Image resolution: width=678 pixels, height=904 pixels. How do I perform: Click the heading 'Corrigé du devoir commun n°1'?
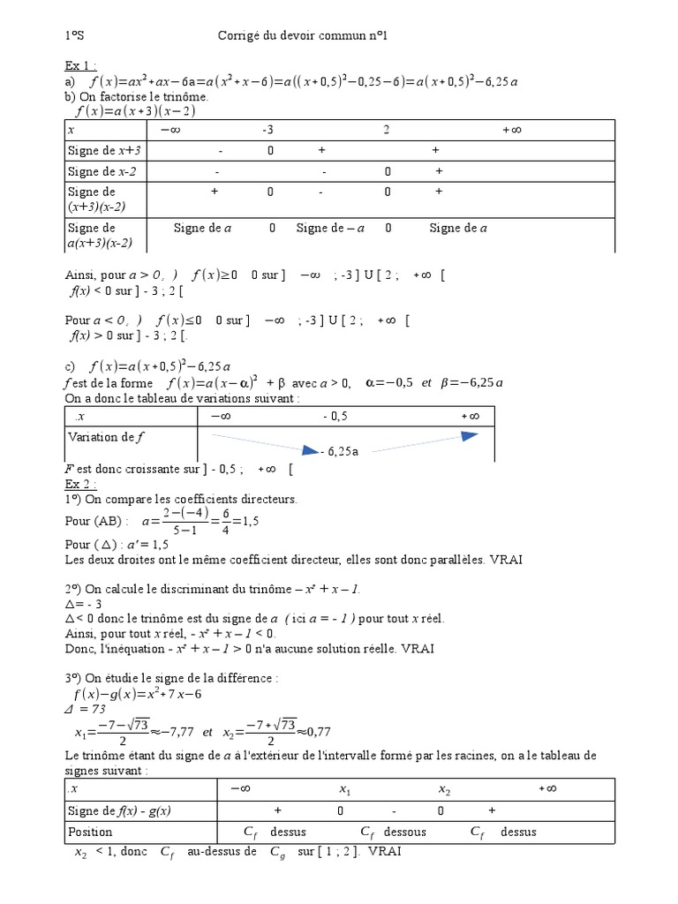click(x=302, y=36)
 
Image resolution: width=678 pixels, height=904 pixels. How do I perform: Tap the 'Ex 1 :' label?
click(x=81, y=66)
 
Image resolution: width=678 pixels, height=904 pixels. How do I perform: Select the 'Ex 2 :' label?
click(x=81, y=484)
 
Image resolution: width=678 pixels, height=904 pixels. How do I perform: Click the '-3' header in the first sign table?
click(x=268, y=130)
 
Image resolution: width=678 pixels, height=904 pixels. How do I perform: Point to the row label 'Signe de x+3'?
click(x=104, y=151)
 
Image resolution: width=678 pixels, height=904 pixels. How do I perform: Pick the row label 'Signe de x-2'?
click(x=103, y=172)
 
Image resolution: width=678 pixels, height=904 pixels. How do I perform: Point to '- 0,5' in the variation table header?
click(x=335, y=416)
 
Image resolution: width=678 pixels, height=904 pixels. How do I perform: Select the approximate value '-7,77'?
click(x=174, y=733)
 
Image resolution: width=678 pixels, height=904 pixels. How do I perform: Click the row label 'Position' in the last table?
click(x=90, y=832)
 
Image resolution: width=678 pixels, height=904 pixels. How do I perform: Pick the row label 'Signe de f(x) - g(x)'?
click(x=119, y=810)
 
